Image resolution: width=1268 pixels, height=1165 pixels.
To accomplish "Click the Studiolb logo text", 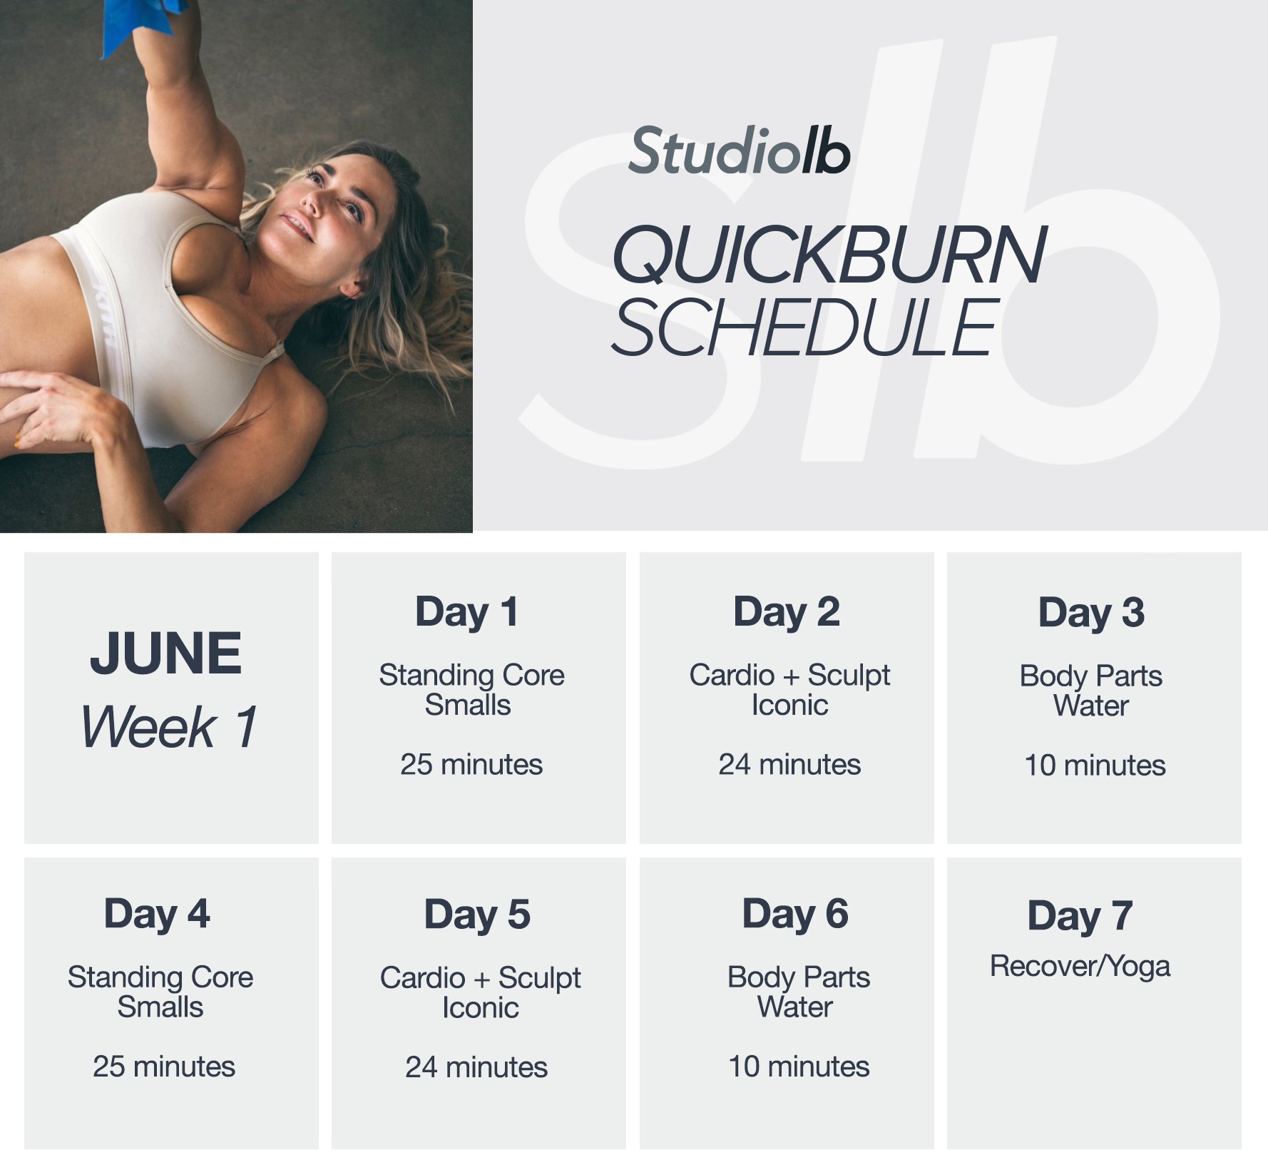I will coord(739,151).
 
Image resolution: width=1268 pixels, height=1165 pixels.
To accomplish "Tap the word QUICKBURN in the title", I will coord(829,255).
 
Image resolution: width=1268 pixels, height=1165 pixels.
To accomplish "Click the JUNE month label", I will coord(166,653).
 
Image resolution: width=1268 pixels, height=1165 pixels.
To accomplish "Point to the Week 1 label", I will coord(169,727).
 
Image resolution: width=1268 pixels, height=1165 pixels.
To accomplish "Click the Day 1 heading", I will coord(467,612).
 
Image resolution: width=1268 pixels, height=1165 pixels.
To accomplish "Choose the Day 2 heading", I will coord(787,612).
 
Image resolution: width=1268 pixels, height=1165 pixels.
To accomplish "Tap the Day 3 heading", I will coord(1091,613).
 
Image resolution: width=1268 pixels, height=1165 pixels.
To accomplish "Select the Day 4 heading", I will coord(157,914).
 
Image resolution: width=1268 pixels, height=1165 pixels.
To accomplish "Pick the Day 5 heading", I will coord(477,915).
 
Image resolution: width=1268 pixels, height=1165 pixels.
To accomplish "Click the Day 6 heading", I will coord(795,914).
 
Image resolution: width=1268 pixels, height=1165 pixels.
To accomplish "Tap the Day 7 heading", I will coord(1080,916).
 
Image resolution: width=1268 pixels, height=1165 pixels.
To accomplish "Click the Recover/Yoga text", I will coord(1080,967).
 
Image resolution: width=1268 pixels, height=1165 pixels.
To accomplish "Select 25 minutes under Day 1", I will coord(471,764).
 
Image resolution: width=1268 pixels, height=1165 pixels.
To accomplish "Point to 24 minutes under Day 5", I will coord(476,1067).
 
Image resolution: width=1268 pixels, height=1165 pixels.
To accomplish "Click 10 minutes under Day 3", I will coord(1095,765).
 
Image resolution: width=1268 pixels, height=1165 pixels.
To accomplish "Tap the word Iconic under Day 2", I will coord(789,705).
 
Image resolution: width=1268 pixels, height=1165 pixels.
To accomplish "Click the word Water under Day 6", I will coord(794,1007).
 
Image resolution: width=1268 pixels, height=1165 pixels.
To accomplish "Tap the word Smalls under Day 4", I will coord(160,1007).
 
